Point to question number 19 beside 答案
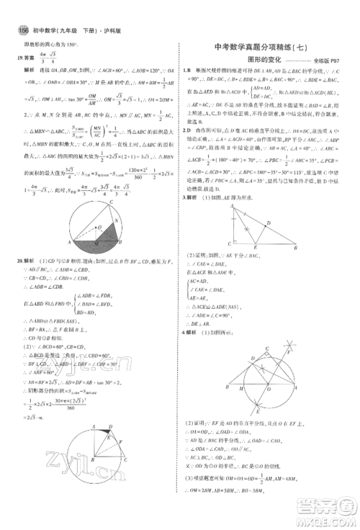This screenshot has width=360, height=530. tap(19, 73)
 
